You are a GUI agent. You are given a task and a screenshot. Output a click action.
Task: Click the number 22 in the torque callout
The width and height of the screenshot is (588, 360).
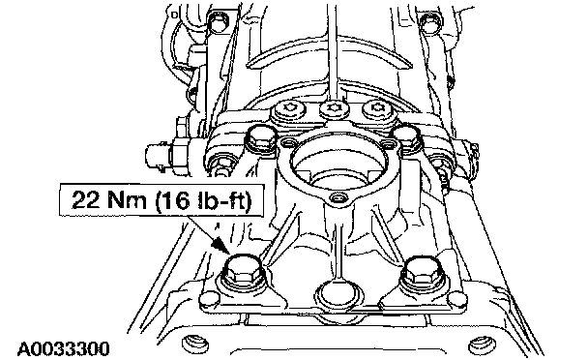[87, 199]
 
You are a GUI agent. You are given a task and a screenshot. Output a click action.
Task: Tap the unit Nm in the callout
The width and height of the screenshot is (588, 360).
[127, 199]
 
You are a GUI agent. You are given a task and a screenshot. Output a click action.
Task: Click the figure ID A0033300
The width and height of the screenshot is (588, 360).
[64, 349]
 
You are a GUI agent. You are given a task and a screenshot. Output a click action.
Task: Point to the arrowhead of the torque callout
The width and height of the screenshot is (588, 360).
[219, 245]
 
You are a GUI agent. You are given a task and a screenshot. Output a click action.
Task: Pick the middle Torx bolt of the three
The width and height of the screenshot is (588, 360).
[334, 109]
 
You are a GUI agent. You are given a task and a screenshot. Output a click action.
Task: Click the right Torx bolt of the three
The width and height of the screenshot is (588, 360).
[377, 109]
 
